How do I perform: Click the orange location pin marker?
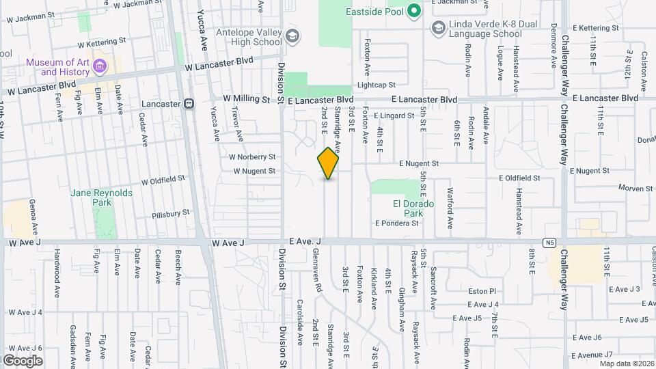click(x=328, y=163)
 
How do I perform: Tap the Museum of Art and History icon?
click(x=100, y=67)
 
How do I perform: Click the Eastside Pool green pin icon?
click(x=413, y=11)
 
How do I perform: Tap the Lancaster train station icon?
click(x=189, y=104)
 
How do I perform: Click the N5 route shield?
click(x=549, y=242)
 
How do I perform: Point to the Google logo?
click(x=22, y=360)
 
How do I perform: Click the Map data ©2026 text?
click(x=625, y=364)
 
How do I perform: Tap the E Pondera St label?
click(x=396, y=223)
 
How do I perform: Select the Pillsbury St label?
click(x=171, y=214)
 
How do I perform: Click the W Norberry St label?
click(x=253, y=157)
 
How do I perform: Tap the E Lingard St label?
click(x=394, y=115)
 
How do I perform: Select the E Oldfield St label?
click(x=519, y=178)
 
